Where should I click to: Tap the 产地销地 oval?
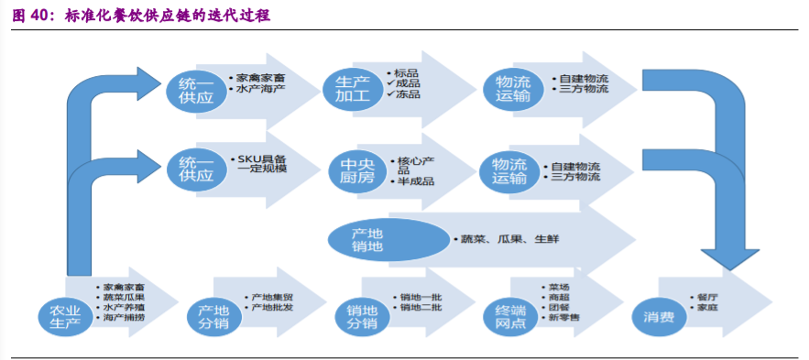pos(367,240)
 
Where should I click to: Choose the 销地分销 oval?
pos(361,315)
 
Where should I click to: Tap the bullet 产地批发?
pos(272,308)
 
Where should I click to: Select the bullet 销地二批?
pos(421,308)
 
